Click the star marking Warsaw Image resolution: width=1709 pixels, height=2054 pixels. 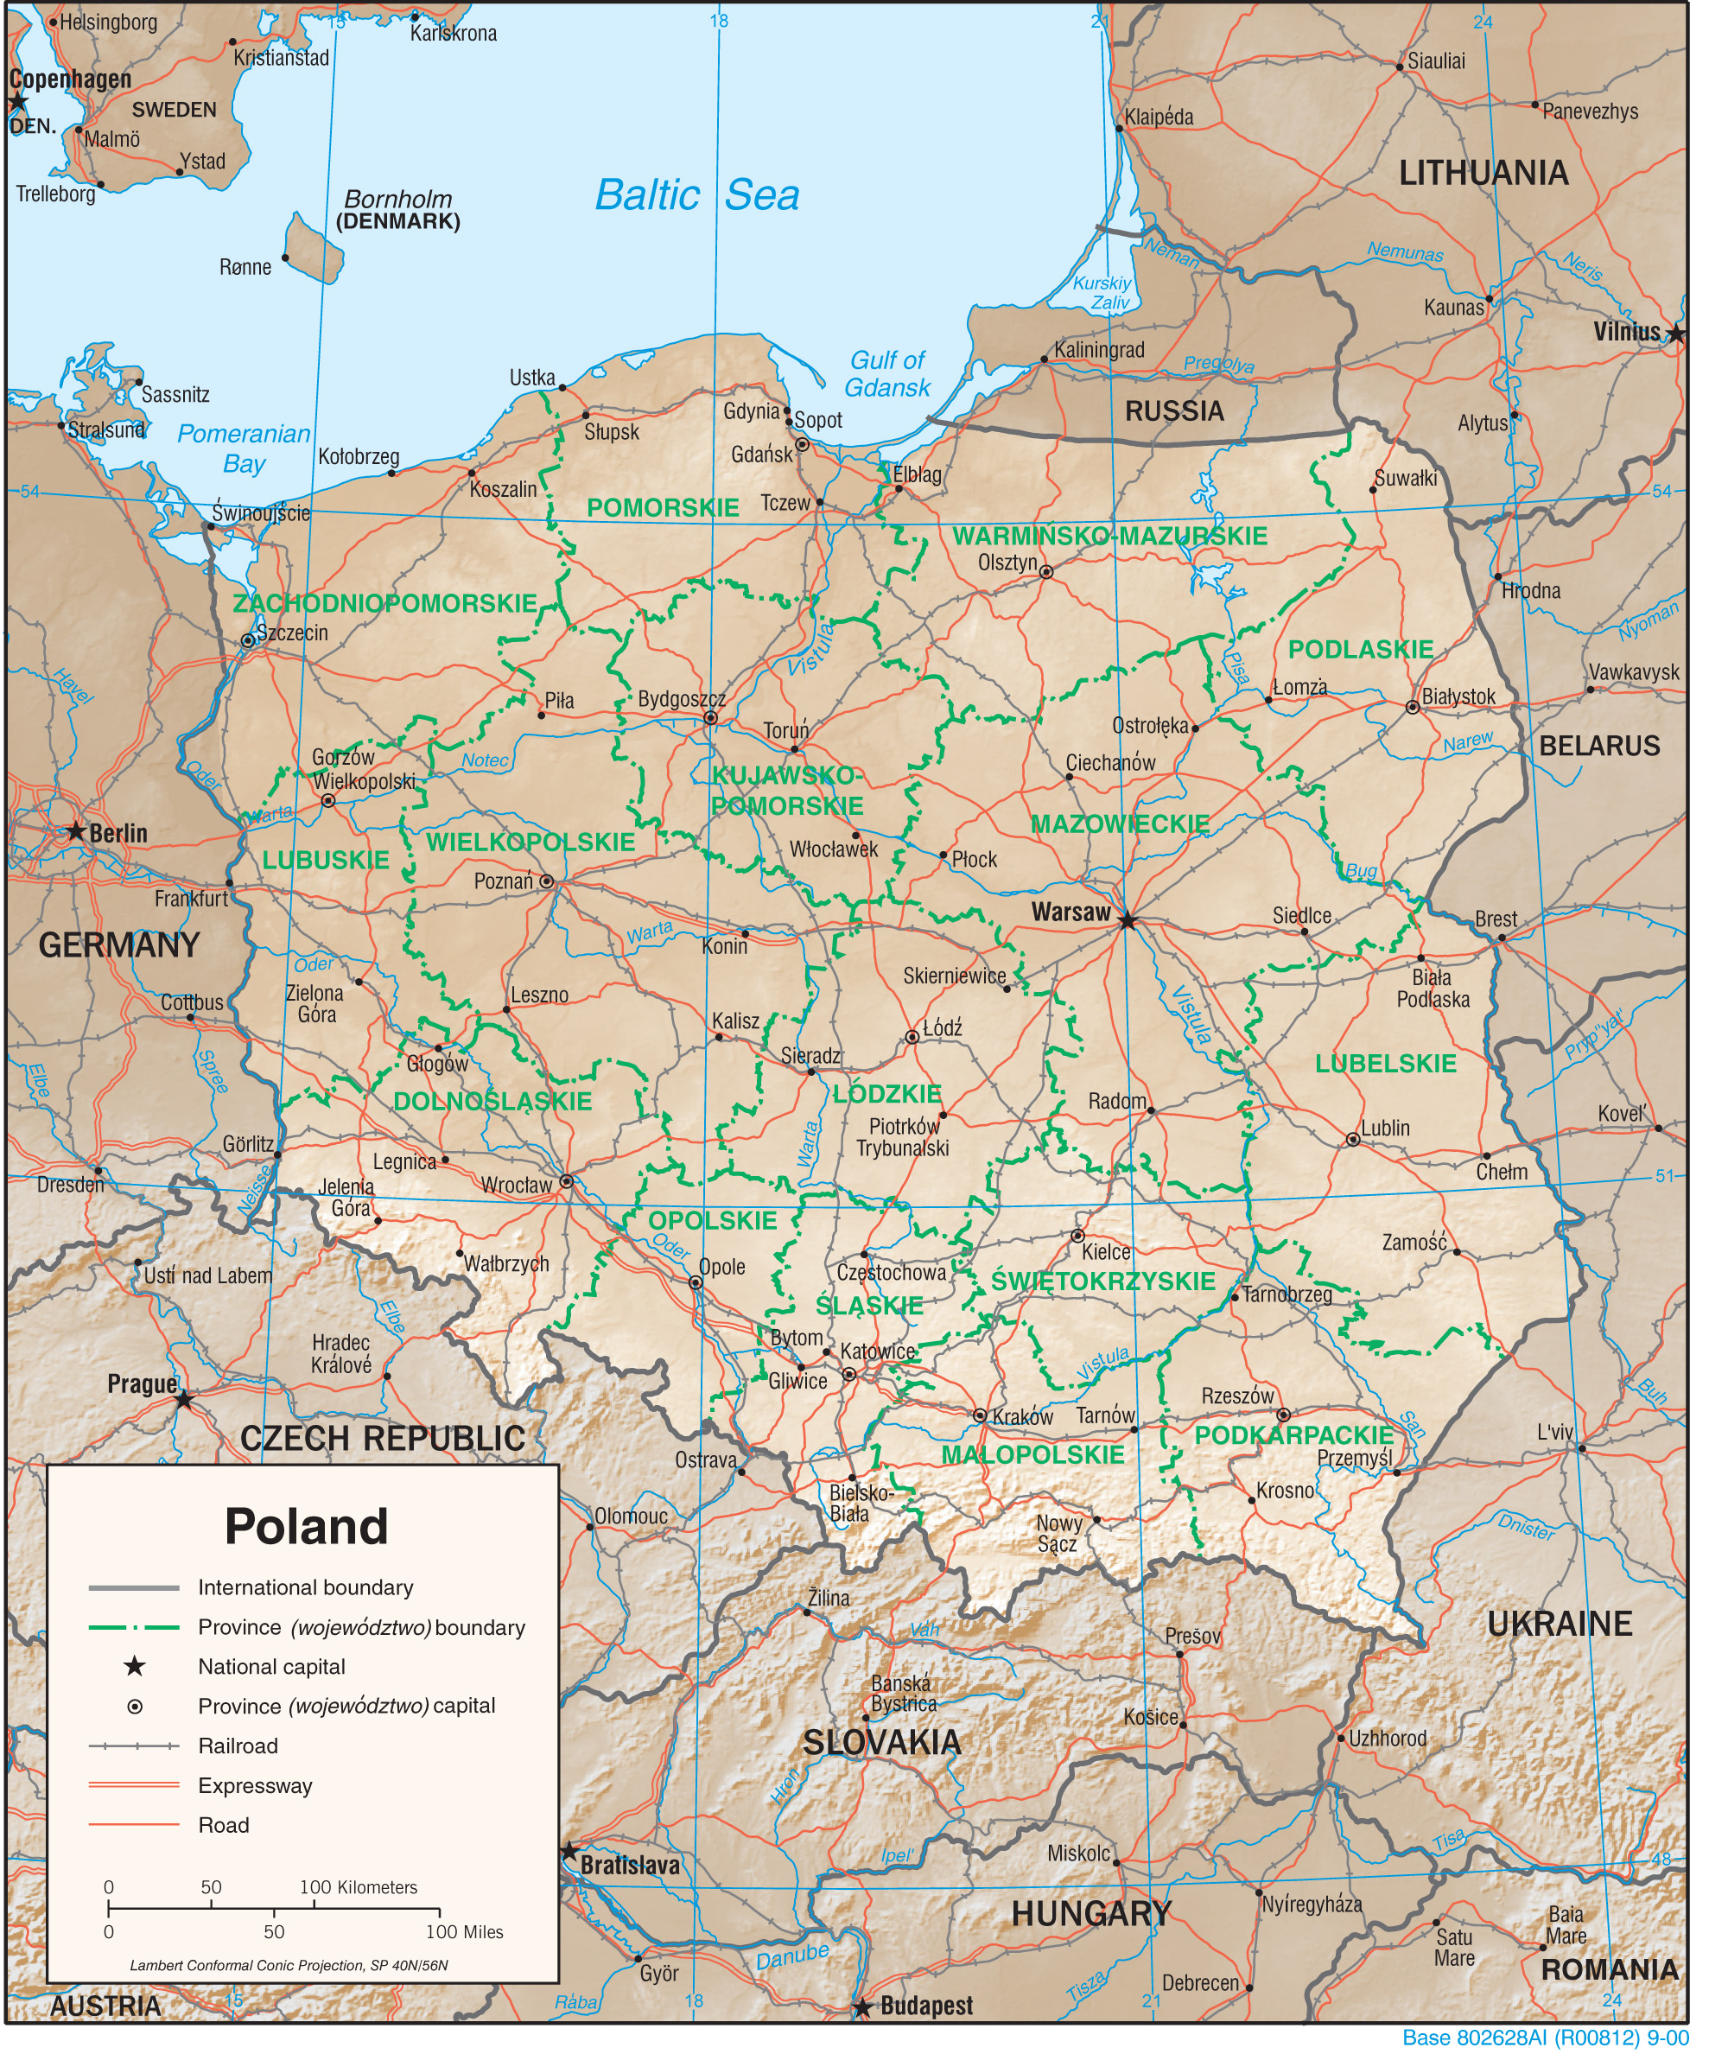1128,920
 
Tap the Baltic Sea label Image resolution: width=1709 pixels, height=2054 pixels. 697,194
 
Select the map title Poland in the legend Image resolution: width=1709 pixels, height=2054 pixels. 306,1526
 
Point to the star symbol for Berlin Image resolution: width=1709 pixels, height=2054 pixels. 75,831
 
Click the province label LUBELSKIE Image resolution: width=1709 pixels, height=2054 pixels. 1385,1065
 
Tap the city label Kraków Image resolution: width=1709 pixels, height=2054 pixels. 1022,1416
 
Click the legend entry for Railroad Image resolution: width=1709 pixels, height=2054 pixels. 238,1746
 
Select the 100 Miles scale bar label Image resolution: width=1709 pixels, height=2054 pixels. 464,1932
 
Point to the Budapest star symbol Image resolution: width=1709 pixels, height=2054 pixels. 861,2008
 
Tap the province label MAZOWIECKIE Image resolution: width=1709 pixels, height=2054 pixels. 1120,824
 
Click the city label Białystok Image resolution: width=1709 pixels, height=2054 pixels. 1458,696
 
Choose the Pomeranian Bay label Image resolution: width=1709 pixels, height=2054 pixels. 244,448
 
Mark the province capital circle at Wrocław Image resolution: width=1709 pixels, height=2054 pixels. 565,1181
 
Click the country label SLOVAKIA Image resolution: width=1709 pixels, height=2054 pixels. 881,1742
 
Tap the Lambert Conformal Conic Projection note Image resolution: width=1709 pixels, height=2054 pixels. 289,1966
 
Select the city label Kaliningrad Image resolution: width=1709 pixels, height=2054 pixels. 1098,350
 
